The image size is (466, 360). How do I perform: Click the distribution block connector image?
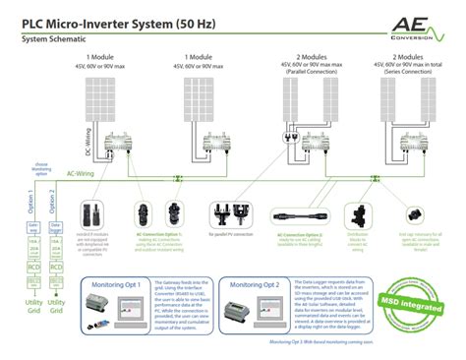click(x=357, y=211)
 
